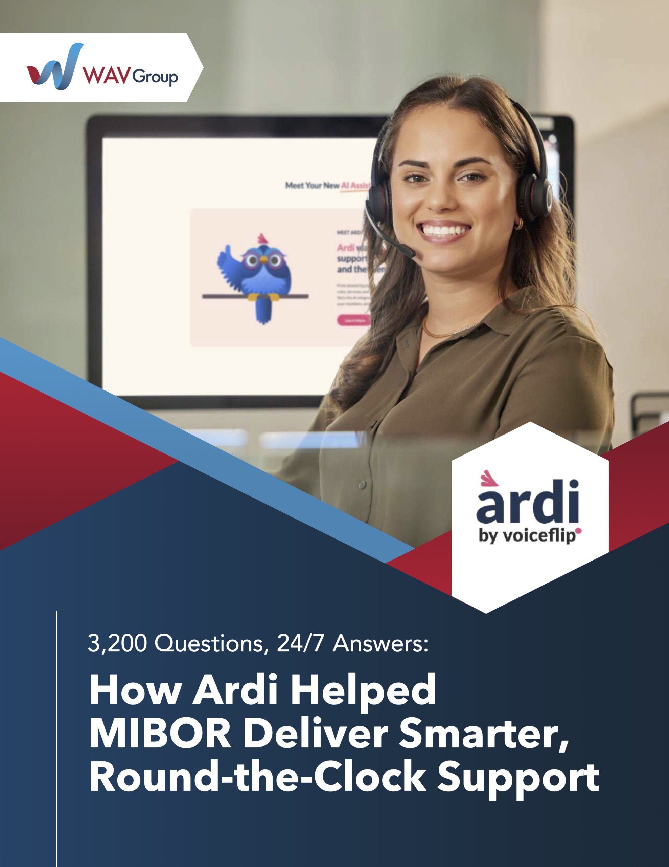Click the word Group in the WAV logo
[155, 77]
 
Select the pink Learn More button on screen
[353, 320]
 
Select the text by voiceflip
[527, 536]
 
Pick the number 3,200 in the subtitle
[117, 643]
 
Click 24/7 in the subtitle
[300, 643]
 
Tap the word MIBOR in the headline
[160, 733]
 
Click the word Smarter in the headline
[484, 733]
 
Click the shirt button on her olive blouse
[362, 485]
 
